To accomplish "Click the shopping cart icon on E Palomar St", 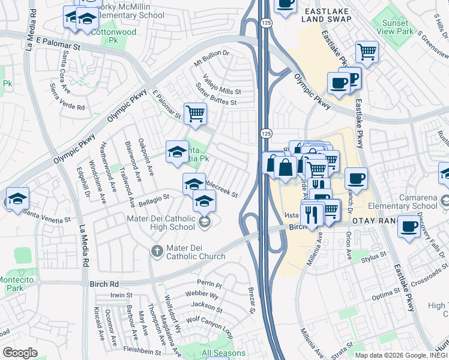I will click(195, 113).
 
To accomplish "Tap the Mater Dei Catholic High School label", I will click(161, 223).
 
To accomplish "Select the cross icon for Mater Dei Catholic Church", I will click(157, 250).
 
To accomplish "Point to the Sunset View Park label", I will click(394, 27).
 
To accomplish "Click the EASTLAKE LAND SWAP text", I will click(330, 16).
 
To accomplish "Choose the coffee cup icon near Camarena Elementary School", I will click(409, 227).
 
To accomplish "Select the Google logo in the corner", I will click(20, 353).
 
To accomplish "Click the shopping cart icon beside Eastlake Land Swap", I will click(366, 52).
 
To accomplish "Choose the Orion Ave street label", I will click(349, 246).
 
